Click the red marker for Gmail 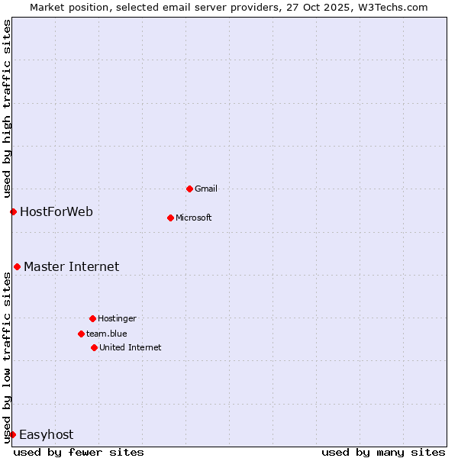(x=189, y=189)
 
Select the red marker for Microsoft (x=170, y=218)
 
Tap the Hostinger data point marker (x=92, y=318)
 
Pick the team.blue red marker (x=81, y=334)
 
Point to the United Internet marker (x=94, y=347)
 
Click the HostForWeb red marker (x=13, y=211)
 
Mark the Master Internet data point (x=17, y=266)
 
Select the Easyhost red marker (x=12, y=434)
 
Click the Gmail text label (x=206, y=189)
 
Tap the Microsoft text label (x=194, y=218)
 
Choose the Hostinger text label (x=117, y=318)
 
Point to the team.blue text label (x=107, y=334)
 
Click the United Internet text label (x=131, y=347)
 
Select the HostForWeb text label (x=56, y=211)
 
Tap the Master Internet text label (x=72, y=266)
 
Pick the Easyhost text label (x=47, y=434)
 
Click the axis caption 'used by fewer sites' (x=79, y=452)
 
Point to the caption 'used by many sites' (x=383, y=452)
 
